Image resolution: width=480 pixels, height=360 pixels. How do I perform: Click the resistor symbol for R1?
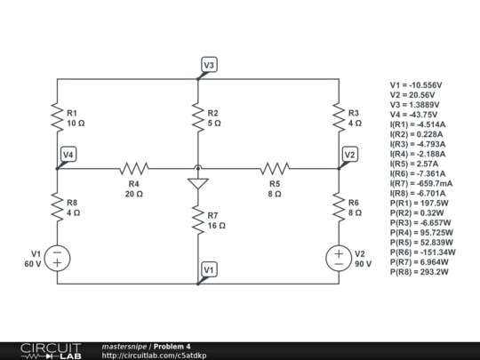[58, 117]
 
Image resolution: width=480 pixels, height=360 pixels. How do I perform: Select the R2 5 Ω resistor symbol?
[197, 117]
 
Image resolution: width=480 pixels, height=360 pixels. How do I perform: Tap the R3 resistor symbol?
[339, 117]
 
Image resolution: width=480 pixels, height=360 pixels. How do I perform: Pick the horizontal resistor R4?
[134, 167]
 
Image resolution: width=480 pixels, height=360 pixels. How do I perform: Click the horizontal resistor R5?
[275, 167]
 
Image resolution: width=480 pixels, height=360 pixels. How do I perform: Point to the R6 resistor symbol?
[339, 208]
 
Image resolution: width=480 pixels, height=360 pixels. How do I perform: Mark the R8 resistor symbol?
[58, 208]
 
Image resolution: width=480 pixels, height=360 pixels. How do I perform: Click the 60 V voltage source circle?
[58, 258]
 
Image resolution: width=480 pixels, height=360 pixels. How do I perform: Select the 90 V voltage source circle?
[339, 258]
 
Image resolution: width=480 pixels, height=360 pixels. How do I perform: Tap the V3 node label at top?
[208, 65]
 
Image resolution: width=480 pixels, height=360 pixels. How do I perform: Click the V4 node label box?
[68, 155]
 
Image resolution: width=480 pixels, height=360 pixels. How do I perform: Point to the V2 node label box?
[349, 155]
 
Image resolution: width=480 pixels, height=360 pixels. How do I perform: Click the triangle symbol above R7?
[197, 183]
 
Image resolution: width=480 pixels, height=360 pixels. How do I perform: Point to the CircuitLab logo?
[50, 350]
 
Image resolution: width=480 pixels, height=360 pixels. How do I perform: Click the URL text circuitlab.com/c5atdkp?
[155, 356]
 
